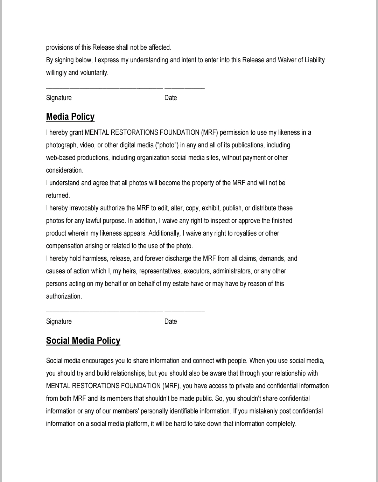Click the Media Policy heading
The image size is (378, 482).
[70, 117]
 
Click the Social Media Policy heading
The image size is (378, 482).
[83, 341]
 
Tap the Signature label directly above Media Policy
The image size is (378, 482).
[59, 98]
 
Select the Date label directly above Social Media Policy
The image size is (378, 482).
[170, 321]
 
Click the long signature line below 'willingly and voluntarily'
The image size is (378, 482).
[104, 88]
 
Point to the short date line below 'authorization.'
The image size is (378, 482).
[184, 311]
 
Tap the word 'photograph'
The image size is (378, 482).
[61, 145]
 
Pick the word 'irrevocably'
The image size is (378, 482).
[84, 208]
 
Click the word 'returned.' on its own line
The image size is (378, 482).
[58, 195]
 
